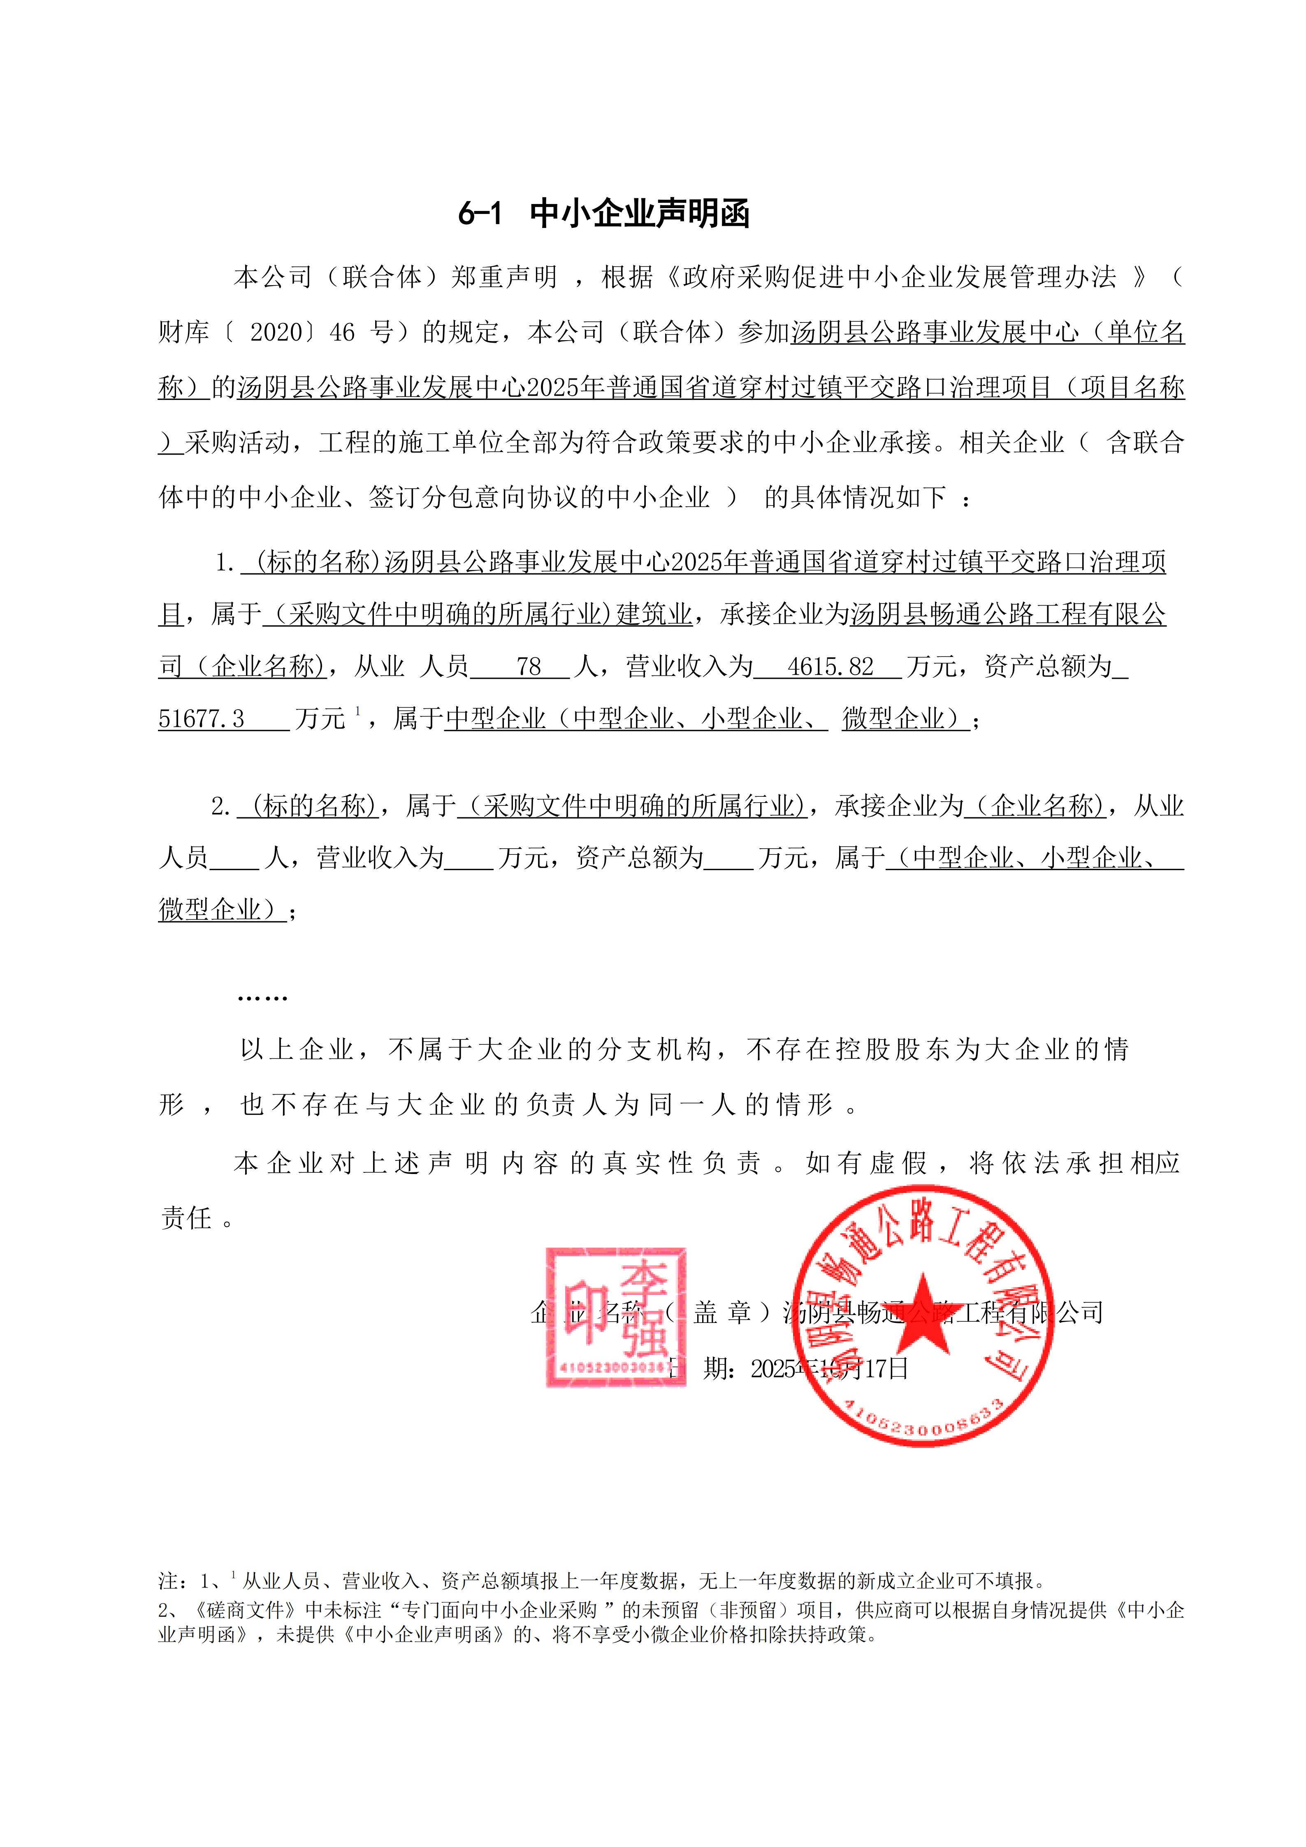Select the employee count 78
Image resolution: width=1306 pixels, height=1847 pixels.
click(528, 666)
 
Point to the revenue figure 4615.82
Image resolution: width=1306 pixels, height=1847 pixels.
click(830, 666)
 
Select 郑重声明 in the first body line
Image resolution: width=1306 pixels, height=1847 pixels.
click(503, 278)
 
